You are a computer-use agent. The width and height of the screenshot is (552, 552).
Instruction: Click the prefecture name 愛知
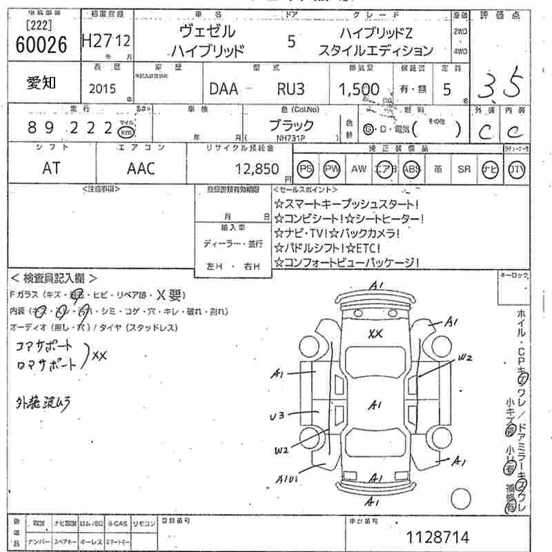pyautogui.click(x=42, y=82)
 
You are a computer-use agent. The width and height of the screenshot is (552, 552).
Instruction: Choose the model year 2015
pyautogui.click(x=103, y=89)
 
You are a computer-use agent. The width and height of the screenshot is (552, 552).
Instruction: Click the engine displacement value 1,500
pyautogui.click(x=359, y=89)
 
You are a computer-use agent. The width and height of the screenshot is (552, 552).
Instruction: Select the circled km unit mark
pyautogui.click(x=126, y=132)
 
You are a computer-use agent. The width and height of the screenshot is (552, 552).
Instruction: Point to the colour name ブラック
pyautogui.click(x=290, y=126)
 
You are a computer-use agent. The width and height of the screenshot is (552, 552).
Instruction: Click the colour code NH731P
pyautogui.click(x=289, y=138)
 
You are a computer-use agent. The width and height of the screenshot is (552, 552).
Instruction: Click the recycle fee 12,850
pyautogui.click(x=256, y=169)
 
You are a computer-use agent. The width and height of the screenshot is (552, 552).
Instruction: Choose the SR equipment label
pyautogui.click(x=463, y=169)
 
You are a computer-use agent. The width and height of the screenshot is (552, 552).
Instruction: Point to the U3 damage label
pyautogui.click(x=277, y=416)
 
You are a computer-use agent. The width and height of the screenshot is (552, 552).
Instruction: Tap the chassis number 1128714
pyautogui.click(x=437, y=535)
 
